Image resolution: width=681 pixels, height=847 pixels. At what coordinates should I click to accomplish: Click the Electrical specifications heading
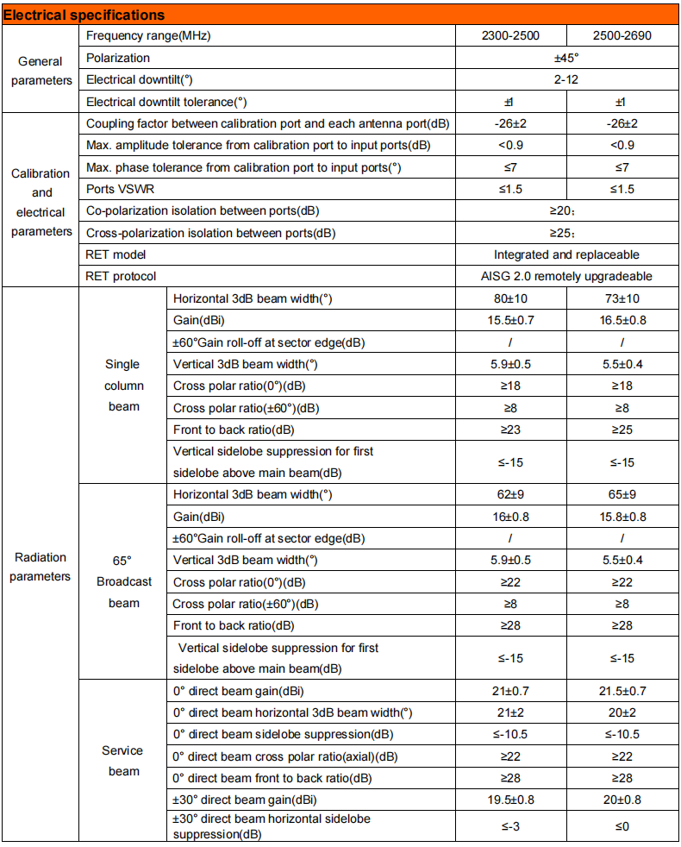click(x=84, y=15)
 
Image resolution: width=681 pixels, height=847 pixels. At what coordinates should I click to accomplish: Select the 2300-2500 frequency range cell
click(x=511, y=35)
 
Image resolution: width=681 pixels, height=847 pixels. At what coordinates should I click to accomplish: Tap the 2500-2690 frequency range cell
click(x=622, y=35)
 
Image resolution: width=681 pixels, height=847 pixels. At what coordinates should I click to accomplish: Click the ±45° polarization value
click(x=566, y=58)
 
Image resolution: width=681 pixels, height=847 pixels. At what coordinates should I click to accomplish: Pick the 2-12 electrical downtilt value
click(x=566, y=79)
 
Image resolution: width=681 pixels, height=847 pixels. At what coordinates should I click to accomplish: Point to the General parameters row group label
click(x=41, y=71)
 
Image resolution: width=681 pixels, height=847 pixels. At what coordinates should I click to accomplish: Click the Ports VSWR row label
click(x=119, y=189)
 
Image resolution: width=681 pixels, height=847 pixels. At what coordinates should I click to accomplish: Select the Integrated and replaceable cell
click(x=566, y=254)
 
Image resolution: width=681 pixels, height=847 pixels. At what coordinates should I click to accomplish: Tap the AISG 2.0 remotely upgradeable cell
click(x=566, y=276)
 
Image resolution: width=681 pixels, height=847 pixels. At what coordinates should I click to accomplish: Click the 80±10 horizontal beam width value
click(x=511, y=298)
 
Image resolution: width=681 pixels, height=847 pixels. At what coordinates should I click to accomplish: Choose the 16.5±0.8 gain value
click(x=622, y=320)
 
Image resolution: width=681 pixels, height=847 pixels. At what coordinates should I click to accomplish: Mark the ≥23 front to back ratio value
click(x=511, y=430)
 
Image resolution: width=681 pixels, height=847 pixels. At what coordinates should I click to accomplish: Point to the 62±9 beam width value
click(x=511, y=495)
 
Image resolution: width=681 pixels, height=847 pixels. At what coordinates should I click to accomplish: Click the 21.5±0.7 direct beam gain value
click(x=622, y=691)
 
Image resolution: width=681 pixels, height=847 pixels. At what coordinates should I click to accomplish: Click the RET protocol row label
click(x=121, y=276)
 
